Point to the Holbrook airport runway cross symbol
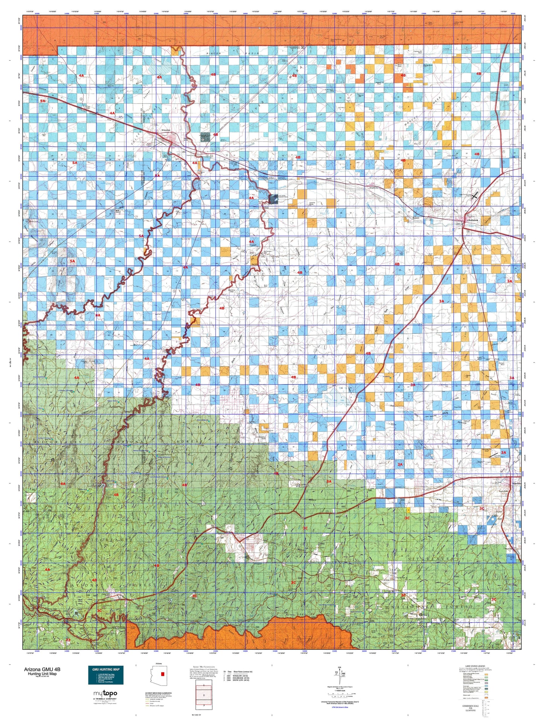[474, 195]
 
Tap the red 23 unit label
[68, 640]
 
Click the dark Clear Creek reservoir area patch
[274, 199]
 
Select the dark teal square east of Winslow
[205, 137]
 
